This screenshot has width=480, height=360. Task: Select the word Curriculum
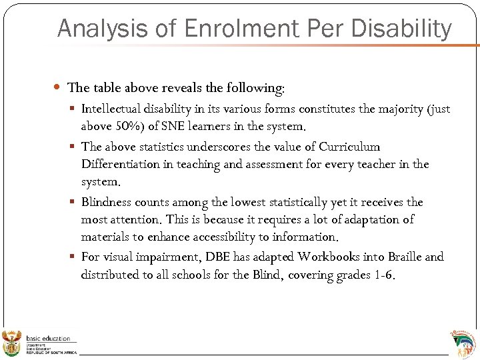pos(349,147)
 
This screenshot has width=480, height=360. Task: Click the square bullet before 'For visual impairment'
pos(74,257)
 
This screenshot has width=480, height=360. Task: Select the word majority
pos(378,109)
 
